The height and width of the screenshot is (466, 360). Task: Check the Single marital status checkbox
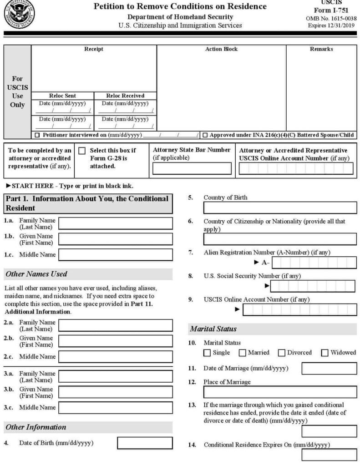[x=207, y=353]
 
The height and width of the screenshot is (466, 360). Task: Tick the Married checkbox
[x=243, y=353]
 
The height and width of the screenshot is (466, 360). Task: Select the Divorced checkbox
[x=282, y=353]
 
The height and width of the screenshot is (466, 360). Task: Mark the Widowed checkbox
[x=325, y=353]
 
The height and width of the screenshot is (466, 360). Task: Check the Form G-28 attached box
[x=82, y=151]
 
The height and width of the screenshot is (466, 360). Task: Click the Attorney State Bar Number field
[x=192, y=169]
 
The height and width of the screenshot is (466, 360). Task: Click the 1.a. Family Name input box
[x=116, y=223]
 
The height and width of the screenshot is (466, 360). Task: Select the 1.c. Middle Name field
[x=116, y=255]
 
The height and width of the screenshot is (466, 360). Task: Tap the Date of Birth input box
[x=145, y=443]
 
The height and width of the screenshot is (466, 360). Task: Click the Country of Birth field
[x=280, y=208]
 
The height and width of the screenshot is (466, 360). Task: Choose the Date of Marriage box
[x=329, y=368]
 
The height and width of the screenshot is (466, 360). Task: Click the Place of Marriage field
[x=280, y=392]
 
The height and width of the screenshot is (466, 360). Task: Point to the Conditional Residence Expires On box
[x=329, y=455]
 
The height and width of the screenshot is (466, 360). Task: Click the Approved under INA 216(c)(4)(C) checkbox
[x=205, y=135]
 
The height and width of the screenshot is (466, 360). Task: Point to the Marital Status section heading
[x=213, y=329]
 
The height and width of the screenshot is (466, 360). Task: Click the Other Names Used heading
[x=36, y=274]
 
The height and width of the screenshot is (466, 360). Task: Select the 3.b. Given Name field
[x=116, y=392]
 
